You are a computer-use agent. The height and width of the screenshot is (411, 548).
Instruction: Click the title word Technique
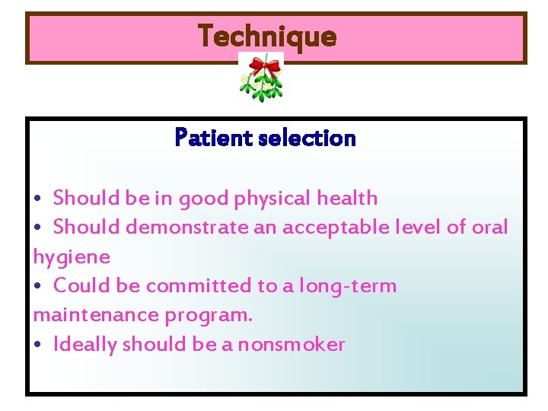pos(267,36)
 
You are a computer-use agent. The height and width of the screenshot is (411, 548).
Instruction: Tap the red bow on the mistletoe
pos(264,68)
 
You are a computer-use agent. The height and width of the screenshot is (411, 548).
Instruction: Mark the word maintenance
pos(86,314)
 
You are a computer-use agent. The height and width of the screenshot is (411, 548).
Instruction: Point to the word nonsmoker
pos(291,345)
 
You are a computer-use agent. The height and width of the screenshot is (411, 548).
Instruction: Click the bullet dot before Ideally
pos(39,346)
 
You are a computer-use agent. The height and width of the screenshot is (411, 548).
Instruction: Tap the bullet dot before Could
pos(39,287)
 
